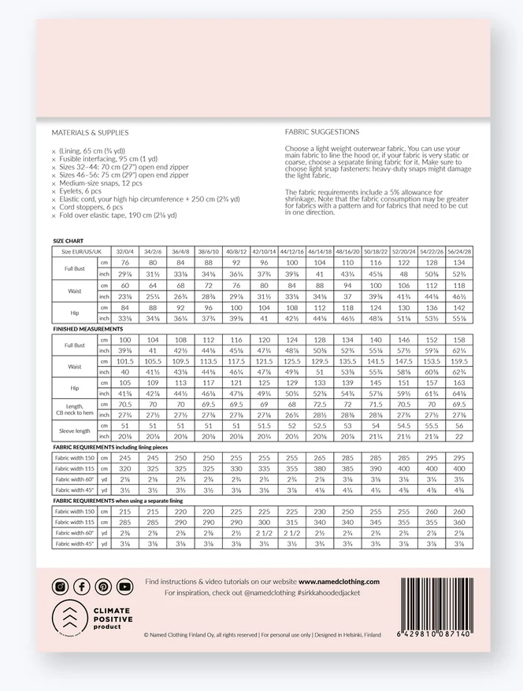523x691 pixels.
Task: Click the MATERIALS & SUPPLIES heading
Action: pos(90,133)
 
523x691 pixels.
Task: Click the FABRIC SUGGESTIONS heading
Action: pos(322,132)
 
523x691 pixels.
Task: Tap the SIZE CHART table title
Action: pos(69,241)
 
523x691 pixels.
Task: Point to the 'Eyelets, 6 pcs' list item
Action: pos(79,191)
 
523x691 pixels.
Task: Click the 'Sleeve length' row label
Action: pos(74,430)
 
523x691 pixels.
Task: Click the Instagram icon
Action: pos(60,586)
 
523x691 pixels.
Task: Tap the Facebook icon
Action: pos(82,586)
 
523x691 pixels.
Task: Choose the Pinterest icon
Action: pos(103,586)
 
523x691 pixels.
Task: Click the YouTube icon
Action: pos(125,586)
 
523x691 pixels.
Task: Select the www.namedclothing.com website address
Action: pos(339,582)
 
